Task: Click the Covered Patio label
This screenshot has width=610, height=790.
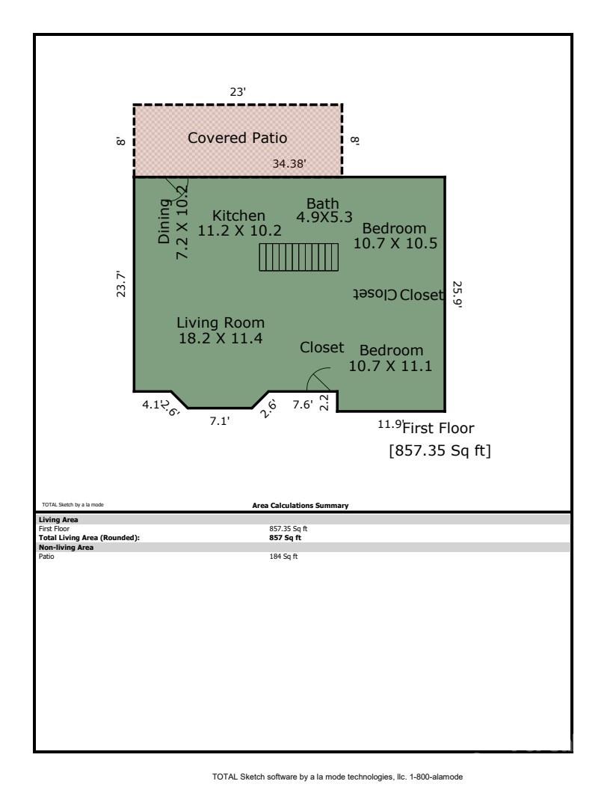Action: click(x=237, y=138)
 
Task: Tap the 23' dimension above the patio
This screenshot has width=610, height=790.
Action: click(x=238, y=91)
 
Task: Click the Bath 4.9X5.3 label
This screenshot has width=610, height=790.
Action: click(x=324, y=210)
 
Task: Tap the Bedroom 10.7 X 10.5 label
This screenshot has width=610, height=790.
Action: click(x=394, y=236)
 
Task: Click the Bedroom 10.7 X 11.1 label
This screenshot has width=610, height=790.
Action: click(x=391, y=358)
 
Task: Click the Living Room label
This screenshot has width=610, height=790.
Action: click(x=221, y=330)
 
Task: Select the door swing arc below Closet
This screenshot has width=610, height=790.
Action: click(x=321, y=380)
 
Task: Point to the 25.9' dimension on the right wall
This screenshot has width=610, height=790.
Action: click(x=457, y=295)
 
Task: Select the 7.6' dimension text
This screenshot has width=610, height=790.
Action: click(x=302, y=405)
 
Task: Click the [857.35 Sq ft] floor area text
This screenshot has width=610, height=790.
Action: click(x=440, y=451)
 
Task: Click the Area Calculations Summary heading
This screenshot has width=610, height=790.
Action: click(x=301, y=506)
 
